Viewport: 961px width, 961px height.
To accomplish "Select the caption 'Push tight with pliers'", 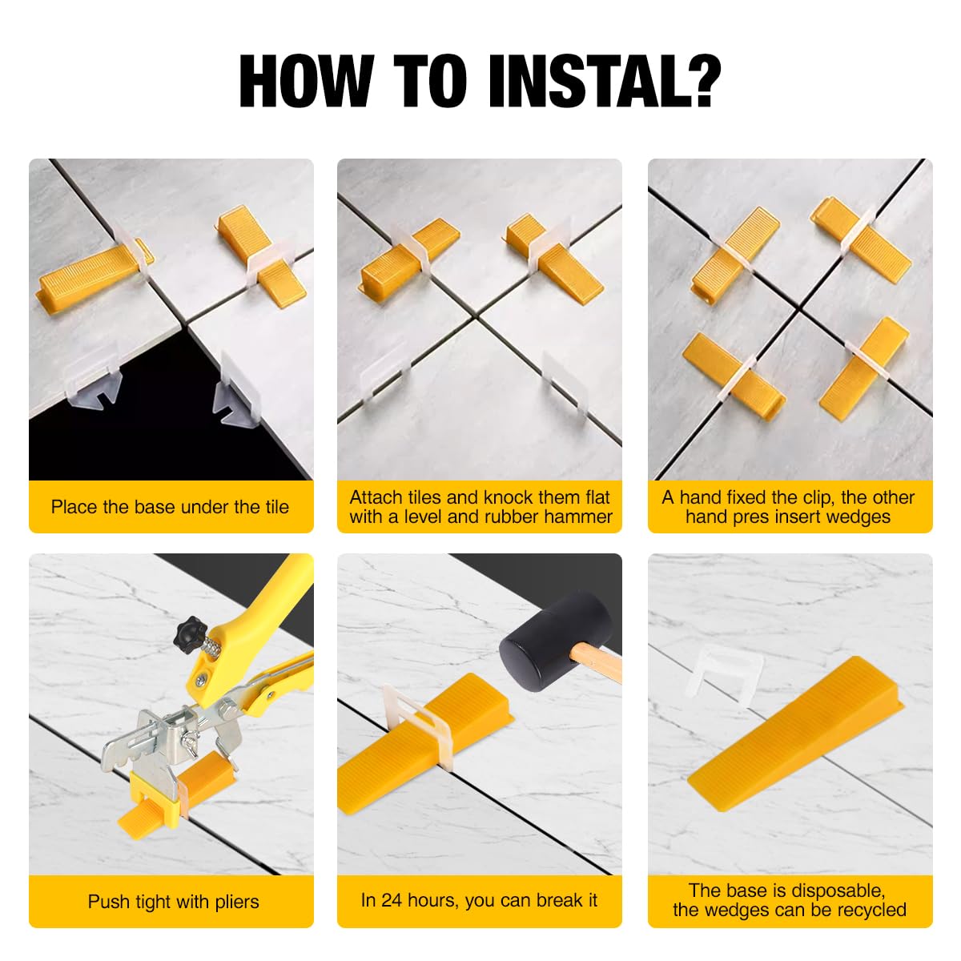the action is point(173,901).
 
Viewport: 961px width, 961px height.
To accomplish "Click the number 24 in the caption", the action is point(392,899).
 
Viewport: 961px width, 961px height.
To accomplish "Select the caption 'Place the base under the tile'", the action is point(170,507).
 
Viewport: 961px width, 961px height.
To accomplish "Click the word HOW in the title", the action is point(306,81).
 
